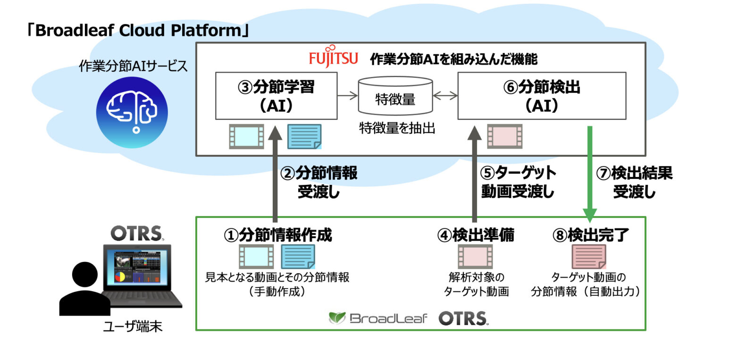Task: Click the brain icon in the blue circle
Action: [132, 112]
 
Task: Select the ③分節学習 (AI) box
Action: [276, 96]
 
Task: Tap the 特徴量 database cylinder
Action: [395, 96]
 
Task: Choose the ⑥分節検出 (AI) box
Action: [541, 96]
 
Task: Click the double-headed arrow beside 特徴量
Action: [445, 96]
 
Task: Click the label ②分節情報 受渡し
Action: [319, 182]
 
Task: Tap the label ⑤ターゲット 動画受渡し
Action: [518, 182]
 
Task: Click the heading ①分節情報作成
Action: [278, 234]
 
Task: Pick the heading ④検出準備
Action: [475, 234]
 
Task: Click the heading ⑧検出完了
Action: [590, 234]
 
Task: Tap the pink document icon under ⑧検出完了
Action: [588, 257]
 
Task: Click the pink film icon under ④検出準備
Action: [475, 257]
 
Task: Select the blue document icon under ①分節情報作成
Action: [298, 257]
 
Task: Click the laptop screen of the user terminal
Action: [137, 268]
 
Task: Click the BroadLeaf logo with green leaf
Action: [378, 318]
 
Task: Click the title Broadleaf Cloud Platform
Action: [137, 31]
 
